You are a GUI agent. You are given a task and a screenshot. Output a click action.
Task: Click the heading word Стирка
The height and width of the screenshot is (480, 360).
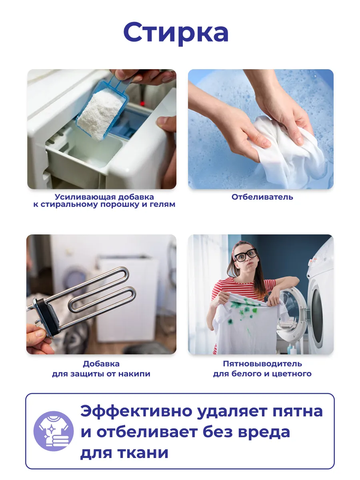(x=176, y=33)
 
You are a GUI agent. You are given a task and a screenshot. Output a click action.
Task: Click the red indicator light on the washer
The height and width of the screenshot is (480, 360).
(x=142, y=103)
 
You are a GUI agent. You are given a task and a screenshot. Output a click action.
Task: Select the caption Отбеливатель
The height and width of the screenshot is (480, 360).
(x=262, y=197)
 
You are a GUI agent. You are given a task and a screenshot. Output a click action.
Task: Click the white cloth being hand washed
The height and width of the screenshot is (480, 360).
(x=286, y=151)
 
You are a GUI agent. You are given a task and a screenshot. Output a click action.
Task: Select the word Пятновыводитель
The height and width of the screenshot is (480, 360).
(x=262, y=364)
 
